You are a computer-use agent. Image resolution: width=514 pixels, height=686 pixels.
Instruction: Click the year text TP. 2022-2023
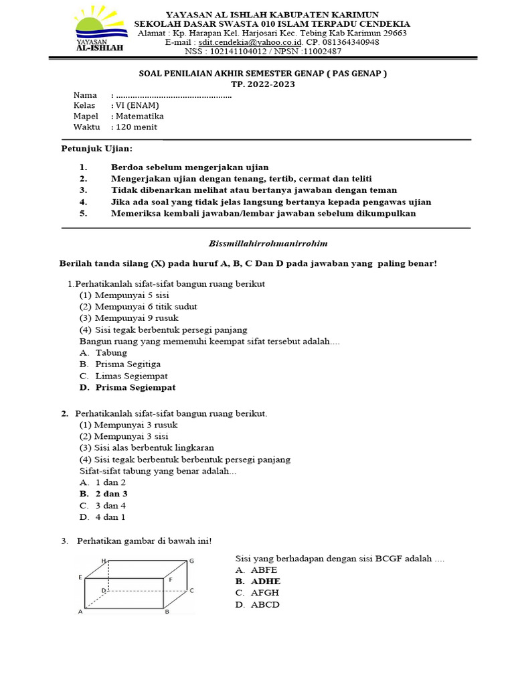pyautogui.click(x=262, y=84)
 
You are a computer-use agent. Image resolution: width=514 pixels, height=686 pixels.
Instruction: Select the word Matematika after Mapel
pyautogui.click(x=140, y=116)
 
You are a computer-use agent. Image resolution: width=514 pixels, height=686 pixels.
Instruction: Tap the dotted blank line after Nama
pyautogui.click(x=173, y=96)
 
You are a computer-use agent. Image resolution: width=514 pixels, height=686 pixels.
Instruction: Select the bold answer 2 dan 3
pyautogui.click(x=111, y=494)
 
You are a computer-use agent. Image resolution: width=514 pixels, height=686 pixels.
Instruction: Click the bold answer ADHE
pyautogui.click(x=266, y=581)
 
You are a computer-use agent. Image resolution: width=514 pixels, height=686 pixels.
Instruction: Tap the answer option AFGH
pyautogui.click(x=265, y=593)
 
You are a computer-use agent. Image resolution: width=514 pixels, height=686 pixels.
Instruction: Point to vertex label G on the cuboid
pyautogui.click(x=191, y=560)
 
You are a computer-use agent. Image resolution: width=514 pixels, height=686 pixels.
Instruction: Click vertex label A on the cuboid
pyautogui.click(x=80, y=612)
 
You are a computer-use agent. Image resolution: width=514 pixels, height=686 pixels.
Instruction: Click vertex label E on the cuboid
pyautogui.click(x=80, y=577)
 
